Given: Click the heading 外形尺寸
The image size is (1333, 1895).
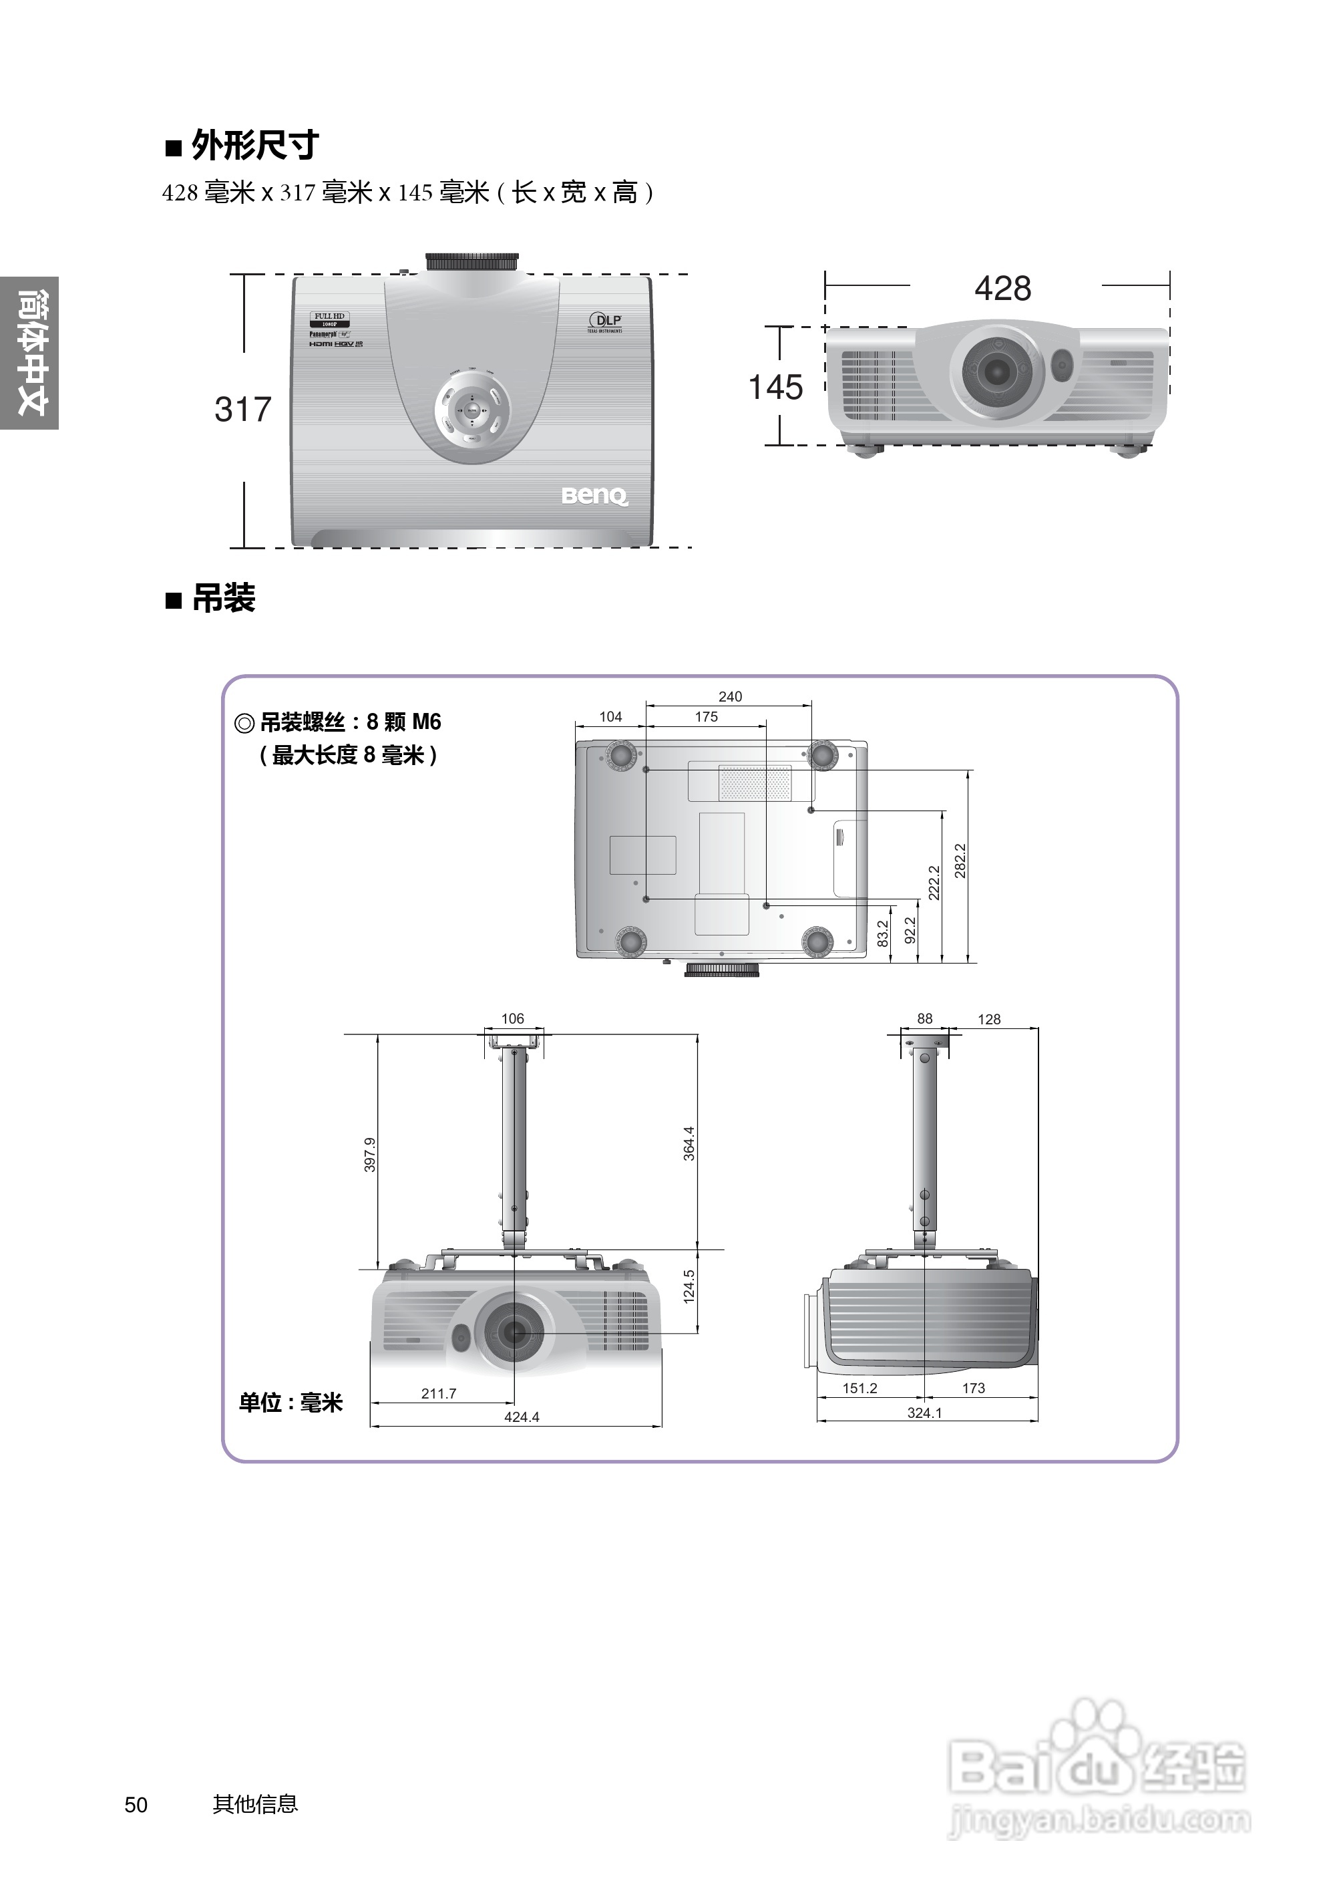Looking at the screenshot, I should coord(254,146).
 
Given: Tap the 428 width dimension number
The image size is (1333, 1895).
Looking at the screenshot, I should coord(1002,289).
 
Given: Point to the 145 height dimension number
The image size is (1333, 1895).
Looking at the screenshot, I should coord(775,387).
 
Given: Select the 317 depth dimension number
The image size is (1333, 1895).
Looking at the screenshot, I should coord(242,410).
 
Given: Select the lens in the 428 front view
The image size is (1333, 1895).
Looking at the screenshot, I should coord(996,373).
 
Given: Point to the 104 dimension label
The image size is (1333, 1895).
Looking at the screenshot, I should coord(610,716).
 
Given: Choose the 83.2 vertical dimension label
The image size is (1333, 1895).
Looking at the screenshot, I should coord(883,933).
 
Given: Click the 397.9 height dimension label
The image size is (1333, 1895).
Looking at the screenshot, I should coord(369,1155).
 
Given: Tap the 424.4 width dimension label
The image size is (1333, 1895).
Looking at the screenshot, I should coord(522,1417).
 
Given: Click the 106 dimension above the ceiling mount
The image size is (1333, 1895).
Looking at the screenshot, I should coord(512,1018).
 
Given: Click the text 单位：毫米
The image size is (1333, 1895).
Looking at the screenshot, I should coord(291,1403).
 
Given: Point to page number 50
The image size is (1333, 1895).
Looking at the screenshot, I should coord(136,1805).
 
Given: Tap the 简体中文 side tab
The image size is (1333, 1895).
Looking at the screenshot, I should coord(31,353).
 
